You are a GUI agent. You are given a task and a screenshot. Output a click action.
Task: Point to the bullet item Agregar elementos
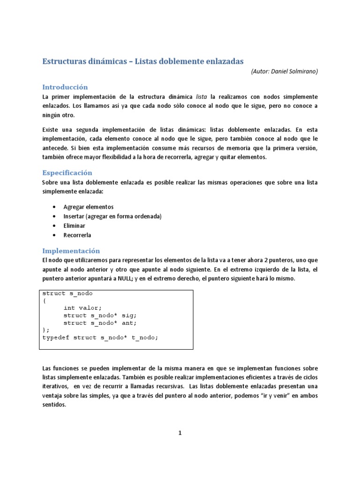pos(89,207)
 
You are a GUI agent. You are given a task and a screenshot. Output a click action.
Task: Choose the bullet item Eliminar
pos(75,225)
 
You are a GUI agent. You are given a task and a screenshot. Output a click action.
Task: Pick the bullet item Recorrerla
pos(77,235)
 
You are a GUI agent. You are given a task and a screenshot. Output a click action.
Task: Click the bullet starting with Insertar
pos(112,216)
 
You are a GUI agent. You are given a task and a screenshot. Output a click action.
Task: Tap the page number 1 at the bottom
pos(180,433)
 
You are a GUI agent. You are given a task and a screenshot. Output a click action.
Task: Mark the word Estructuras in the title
pos(64,61)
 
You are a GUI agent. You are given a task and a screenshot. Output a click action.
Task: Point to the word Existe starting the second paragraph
pos(51,129)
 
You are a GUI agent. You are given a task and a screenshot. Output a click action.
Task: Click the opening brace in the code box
pos(45,300)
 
